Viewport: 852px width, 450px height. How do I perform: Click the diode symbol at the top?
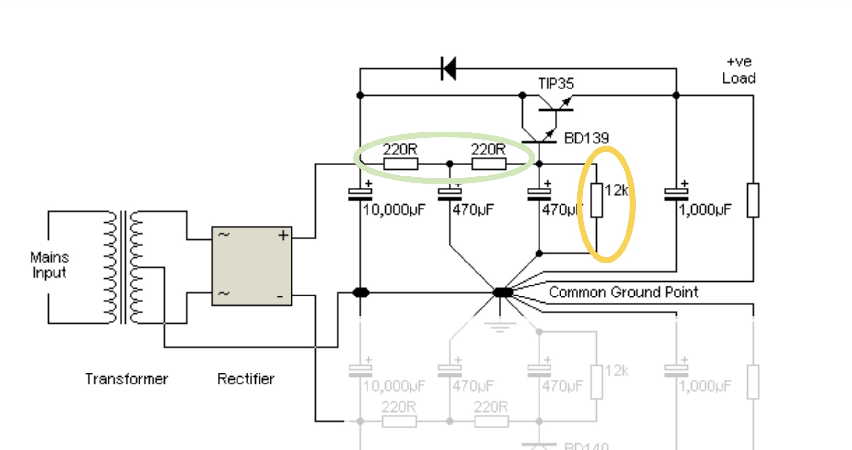[448, 69]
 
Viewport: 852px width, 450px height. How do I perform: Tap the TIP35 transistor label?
[556, 84]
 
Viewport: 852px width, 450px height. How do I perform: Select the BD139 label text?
[586, 139]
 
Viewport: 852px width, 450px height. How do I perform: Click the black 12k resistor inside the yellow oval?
[596, 200]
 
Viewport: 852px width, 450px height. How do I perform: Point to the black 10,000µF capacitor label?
[394, 210]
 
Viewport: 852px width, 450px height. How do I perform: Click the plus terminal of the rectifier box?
[283, 235]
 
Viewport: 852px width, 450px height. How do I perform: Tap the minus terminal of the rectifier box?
[280, 297]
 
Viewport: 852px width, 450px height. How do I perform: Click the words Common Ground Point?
[623, 292]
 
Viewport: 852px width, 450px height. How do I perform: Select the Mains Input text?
[49, 265]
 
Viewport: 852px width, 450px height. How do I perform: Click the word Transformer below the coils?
[127, 379]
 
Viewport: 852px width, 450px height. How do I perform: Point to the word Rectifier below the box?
[246, 379]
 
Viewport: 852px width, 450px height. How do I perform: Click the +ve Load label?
[739, 70]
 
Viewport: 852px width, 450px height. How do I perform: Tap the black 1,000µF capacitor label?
[705, 210]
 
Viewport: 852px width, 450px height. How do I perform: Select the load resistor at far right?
[753, 200]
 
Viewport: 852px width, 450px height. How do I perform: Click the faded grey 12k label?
[616, 371]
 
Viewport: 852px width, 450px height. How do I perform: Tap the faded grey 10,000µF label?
[394, 386]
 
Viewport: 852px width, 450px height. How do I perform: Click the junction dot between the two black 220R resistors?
[450, 164]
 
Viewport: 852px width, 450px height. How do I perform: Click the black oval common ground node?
[502, 292]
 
